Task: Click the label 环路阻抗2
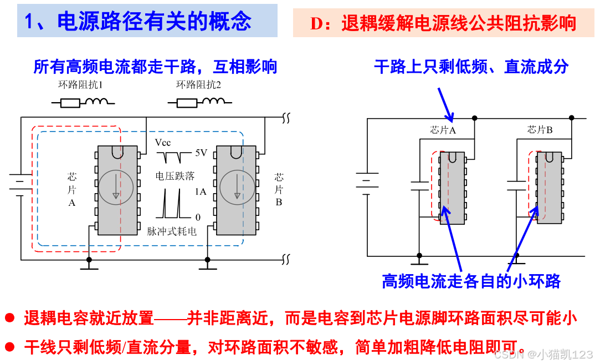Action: click(198, 85)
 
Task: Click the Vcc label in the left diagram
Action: click(163, 143)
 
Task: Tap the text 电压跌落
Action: click(175, 176)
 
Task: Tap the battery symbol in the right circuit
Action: click(367, 183)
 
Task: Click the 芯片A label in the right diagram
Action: click(443, 130)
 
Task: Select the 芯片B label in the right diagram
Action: click(540, 130)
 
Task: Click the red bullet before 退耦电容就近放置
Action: click(9, 318)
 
